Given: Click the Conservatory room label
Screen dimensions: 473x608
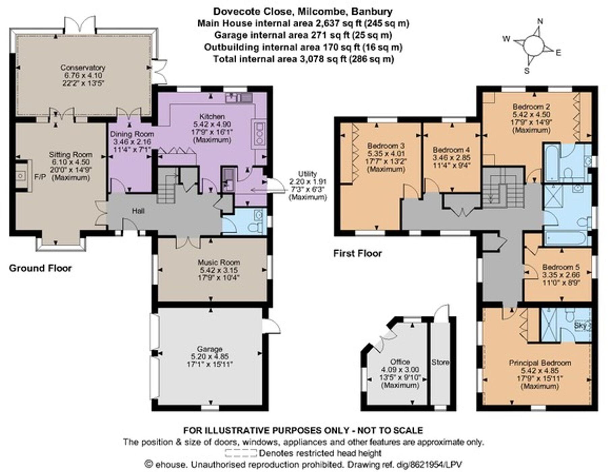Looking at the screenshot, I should point(83,67).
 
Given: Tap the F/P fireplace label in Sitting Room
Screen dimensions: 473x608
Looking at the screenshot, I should point(40,177).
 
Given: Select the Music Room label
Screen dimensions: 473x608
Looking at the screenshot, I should point(219,262).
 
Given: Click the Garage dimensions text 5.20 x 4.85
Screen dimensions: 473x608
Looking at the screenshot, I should point(210,357).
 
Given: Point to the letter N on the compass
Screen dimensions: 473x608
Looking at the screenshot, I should point(540,21).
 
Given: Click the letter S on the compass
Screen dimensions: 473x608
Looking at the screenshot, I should point(526,71).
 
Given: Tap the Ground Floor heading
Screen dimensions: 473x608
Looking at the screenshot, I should point(40,268).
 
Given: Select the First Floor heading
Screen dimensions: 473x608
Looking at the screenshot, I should point(357,253).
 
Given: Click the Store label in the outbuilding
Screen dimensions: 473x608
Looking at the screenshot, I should point(440,362).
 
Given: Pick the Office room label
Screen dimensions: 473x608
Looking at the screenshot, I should point(400,362).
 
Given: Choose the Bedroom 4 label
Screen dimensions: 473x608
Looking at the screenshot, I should point(451,150).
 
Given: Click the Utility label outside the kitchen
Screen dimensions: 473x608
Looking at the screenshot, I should point(308,174).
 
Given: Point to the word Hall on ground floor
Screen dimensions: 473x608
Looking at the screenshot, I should point(138,211).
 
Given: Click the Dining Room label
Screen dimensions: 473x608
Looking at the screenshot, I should point(132,134).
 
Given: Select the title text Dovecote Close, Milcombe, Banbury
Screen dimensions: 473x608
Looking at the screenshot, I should point(302,11).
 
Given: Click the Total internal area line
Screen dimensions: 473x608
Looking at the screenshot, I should point(303,59).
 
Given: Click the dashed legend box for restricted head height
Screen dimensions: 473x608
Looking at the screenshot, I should point(241,453).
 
